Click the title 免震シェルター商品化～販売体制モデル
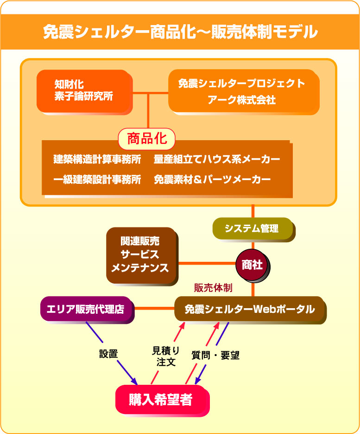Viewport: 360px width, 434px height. click(x=180, y=32)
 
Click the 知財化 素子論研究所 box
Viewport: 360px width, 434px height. click(x=84, y=91)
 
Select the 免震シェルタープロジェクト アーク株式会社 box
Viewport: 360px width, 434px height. click(x=244, y=91)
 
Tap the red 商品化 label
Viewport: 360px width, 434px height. click(x=147, y=139)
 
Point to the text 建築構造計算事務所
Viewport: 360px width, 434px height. click(x=97, y=159)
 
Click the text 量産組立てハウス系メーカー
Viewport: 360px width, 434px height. click(x=217, y=159)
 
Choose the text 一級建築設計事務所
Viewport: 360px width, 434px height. click(x=97, y=179)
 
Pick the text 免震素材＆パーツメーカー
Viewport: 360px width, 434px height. click(x=212, y=179)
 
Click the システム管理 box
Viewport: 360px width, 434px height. click(x=253, y=229)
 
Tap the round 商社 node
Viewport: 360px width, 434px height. click(x=253, y=265)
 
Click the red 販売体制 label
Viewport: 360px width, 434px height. click(x=213, y=288)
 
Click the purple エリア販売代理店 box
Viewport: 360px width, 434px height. click(x=87, y=310)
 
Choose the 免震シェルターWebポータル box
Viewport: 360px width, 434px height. click(x=250, y=310)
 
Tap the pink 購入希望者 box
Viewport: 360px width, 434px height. click(x=162, y=400)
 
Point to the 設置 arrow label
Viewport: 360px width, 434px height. click(x=108, y=354)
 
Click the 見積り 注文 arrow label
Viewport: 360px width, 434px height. click(x=166, y=356)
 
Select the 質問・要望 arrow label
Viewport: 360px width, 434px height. click(x=215, y=356)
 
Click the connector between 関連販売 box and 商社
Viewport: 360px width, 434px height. click(x=207, y=263)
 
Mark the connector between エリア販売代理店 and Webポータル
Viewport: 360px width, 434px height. click(x=154, y=308)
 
